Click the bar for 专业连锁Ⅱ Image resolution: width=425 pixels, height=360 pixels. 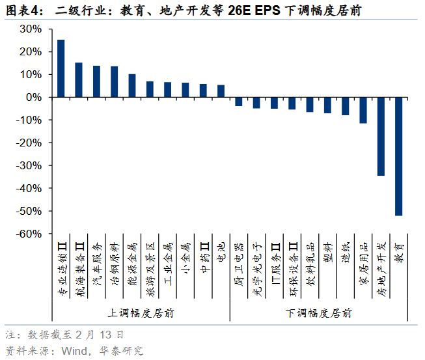(x=61, y=68)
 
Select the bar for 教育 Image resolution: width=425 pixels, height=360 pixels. (x=398, y=156)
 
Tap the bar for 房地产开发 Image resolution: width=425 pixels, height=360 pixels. (x=381, y=136)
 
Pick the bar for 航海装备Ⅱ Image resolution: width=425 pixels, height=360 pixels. (x=79, y=79)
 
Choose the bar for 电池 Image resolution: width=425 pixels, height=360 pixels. (x=221, y=91)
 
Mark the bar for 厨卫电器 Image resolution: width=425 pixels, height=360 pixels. (x=239, y=102)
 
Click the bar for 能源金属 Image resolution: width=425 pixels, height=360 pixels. (x=132, y=85)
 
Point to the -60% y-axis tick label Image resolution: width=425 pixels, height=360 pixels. (x=29, y=234)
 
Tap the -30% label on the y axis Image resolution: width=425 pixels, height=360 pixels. (x=29, y=165)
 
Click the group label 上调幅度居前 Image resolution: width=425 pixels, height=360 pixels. (x=141, y=313)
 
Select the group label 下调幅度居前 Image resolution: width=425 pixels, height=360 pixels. (x=319, y=313)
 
